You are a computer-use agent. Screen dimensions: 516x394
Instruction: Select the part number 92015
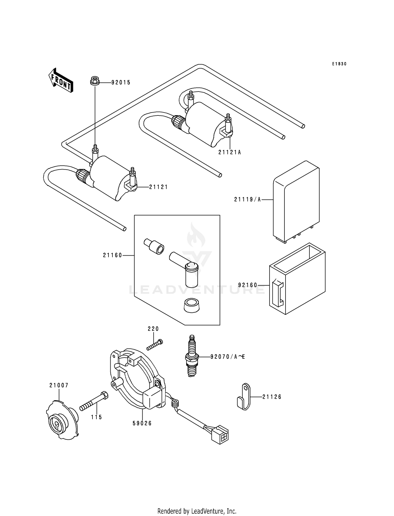121,83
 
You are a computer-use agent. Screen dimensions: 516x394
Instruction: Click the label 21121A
230,152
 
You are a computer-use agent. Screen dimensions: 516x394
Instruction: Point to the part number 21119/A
247,200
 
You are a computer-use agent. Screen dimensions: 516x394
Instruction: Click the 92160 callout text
247,285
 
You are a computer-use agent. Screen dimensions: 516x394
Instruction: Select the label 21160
112,255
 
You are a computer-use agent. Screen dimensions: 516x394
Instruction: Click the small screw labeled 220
155,345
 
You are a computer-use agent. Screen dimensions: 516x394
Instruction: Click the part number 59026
142,423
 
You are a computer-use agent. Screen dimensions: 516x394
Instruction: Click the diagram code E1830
339,64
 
